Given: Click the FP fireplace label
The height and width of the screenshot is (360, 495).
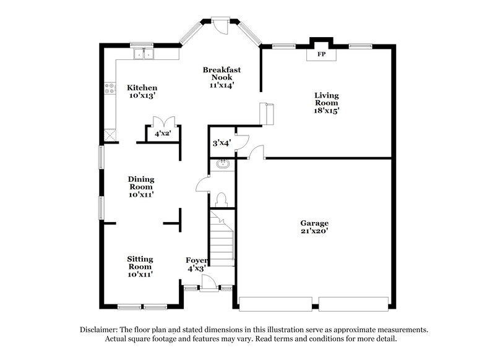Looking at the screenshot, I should pos(322,54).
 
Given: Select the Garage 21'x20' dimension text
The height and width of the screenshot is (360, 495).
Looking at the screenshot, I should pos(315,231).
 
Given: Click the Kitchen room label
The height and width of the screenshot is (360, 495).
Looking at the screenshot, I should pos(142,88).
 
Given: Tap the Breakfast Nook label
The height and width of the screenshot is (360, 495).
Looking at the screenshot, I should pos(221,74).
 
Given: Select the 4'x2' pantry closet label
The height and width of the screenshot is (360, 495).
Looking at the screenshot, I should pos(163,133).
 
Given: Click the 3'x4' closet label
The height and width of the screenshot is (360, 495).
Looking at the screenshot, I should pos(221,143).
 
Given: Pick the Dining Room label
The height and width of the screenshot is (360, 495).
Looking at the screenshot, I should pos(141,183).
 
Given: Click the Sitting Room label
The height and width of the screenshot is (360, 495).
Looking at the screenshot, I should pos(140,262).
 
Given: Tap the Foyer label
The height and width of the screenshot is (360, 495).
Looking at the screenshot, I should pos(197,260).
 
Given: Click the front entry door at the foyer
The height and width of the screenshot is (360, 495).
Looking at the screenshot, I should pos(209,283).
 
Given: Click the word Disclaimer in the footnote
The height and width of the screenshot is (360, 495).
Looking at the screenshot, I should pos(101,330).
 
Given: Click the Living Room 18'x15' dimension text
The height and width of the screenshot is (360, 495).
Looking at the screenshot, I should pos(326,111).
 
